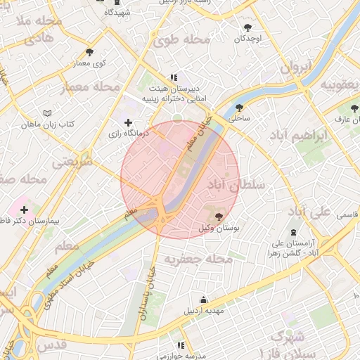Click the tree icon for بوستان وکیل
pyautogui.click(x=219, y=216)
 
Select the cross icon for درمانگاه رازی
pyautogui.click(x=127, y=123)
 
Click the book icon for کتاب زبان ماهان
pyautogui.click(x=47, y=113)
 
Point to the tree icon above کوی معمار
pyautogui.click(x=89, y=52)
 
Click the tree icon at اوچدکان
pyautogui.click(x=247, y=28)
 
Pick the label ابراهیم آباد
pyautogui.click(x=317, y=136)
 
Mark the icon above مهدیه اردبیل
pyautogui.click(x=204, y=299)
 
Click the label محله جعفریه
pyautogui.click(x=198, y=259)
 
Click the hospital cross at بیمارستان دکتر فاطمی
pyautogui.click(x=25, y=210)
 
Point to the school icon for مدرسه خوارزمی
pyautogui.click(x=181, y=345)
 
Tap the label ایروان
pyautogui.click(x=296, y=68)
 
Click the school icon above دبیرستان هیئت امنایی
pyautogui.click(x=173, y=78)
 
